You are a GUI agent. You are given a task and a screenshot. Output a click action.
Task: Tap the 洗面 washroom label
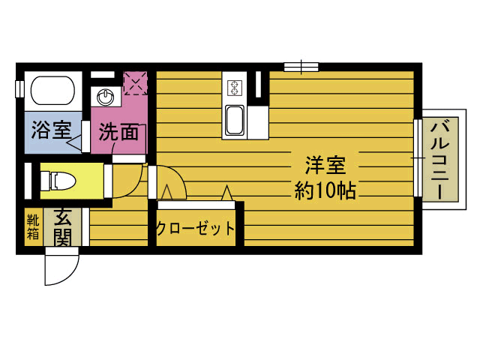118,132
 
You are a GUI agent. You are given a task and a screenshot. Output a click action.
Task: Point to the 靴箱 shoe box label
33,226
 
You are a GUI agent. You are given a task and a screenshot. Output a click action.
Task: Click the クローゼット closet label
195,229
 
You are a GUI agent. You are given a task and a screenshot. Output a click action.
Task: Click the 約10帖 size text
325,190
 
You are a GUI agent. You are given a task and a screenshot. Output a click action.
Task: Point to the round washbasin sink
106,97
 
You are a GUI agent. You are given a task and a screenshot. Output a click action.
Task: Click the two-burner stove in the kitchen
234,88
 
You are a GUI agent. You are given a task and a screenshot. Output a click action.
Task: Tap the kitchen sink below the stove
235,120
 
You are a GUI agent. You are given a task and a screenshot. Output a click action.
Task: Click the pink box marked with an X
135,83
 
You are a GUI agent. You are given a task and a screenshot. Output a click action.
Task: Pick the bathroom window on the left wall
19,88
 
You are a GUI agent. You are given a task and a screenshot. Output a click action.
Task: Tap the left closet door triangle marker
166,194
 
